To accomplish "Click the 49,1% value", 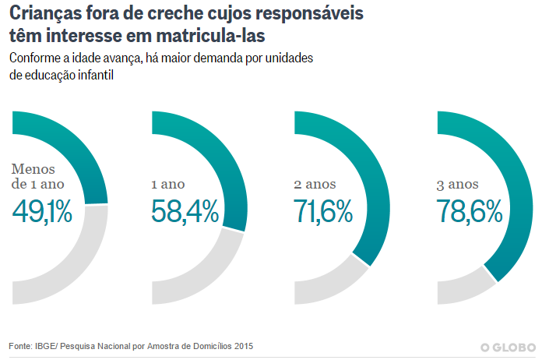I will point(42,211).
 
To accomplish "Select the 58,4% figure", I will point(183,211).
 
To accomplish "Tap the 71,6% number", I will point(323,211).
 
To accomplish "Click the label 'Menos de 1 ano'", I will point(37,176).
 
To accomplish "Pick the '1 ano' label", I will point(167,184).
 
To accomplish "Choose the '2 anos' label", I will point(315,184).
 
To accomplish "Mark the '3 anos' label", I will point(458,184).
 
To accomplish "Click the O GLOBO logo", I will point(507,347).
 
